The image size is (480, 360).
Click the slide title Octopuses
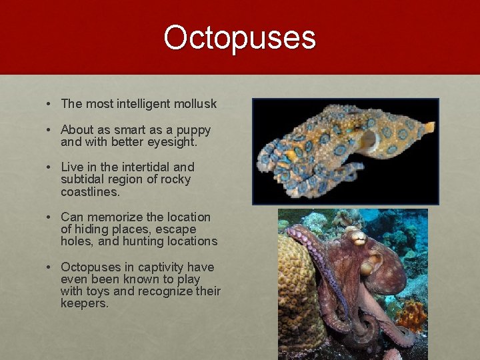coord(239,38)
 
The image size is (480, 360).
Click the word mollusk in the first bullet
coord(194,104)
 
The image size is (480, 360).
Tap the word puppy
coord(194,131)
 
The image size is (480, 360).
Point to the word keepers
coord(84,303)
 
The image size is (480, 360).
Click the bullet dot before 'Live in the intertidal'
coord(50,167)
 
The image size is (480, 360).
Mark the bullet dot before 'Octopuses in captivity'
coord(50,267)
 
